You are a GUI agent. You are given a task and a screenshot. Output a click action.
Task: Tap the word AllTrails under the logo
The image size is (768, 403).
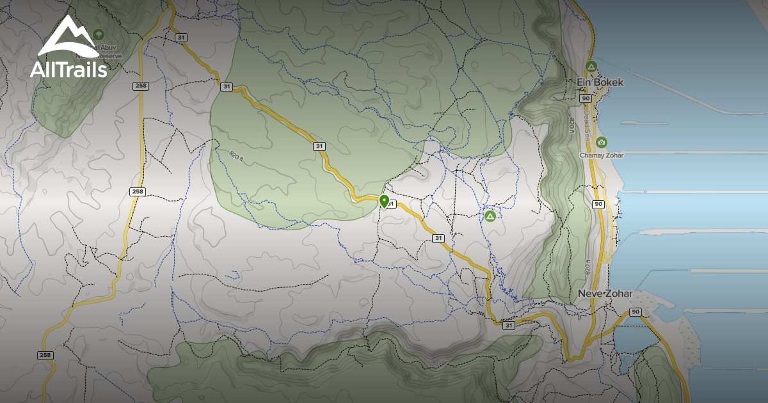coord(68,69)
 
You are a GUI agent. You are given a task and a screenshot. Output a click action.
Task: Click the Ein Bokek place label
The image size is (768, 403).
coord(600,83)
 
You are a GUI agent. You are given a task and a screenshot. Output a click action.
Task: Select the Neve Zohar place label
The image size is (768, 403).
coord(605,294)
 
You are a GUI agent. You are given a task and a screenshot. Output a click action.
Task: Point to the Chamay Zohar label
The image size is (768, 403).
coord(602,155)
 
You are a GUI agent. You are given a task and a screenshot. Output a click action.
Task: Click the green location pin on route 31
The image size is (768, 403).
coord(384,201)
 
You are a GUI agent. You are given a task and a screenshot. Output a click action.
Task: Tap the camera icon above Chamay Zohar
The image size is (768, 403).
coord(601,142)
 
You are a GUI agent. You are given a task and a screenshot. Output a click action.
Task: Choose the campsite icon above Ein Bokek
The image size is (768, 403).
coord(591,66)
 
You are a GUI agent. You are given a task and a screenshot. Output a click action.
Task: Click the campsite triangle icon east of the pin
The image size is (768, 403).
coord(490,216)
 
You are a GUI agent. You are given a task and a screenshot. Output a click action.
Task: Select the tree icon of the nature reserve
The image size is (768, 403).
coord(99,33)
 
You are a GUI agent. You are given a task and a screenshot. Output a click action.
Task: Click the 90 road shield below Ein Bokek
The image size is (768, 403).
coord(585,99)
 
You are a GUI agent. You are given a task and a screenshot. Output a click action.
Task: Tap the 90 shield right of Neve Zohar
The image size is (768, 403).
coord(635,312)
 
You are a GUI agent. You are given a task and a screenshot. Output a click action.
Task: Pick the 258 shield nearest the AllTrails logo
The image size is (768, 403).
coord(140,86)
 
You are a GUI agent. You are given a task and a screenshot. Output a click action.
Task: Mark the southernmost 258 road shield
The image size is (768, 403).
coord(44,355)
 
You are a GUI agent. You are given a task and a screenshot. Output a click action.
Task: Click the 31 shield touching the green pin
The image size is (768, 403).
coord(392,205)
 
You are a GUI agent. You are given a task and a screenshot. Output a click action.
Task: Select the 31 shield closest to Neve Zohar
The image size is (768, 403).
coord(509,325)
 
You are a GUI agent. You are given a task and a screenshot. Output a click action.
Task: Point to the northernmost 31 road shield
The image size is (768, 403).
coord(181,38)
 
